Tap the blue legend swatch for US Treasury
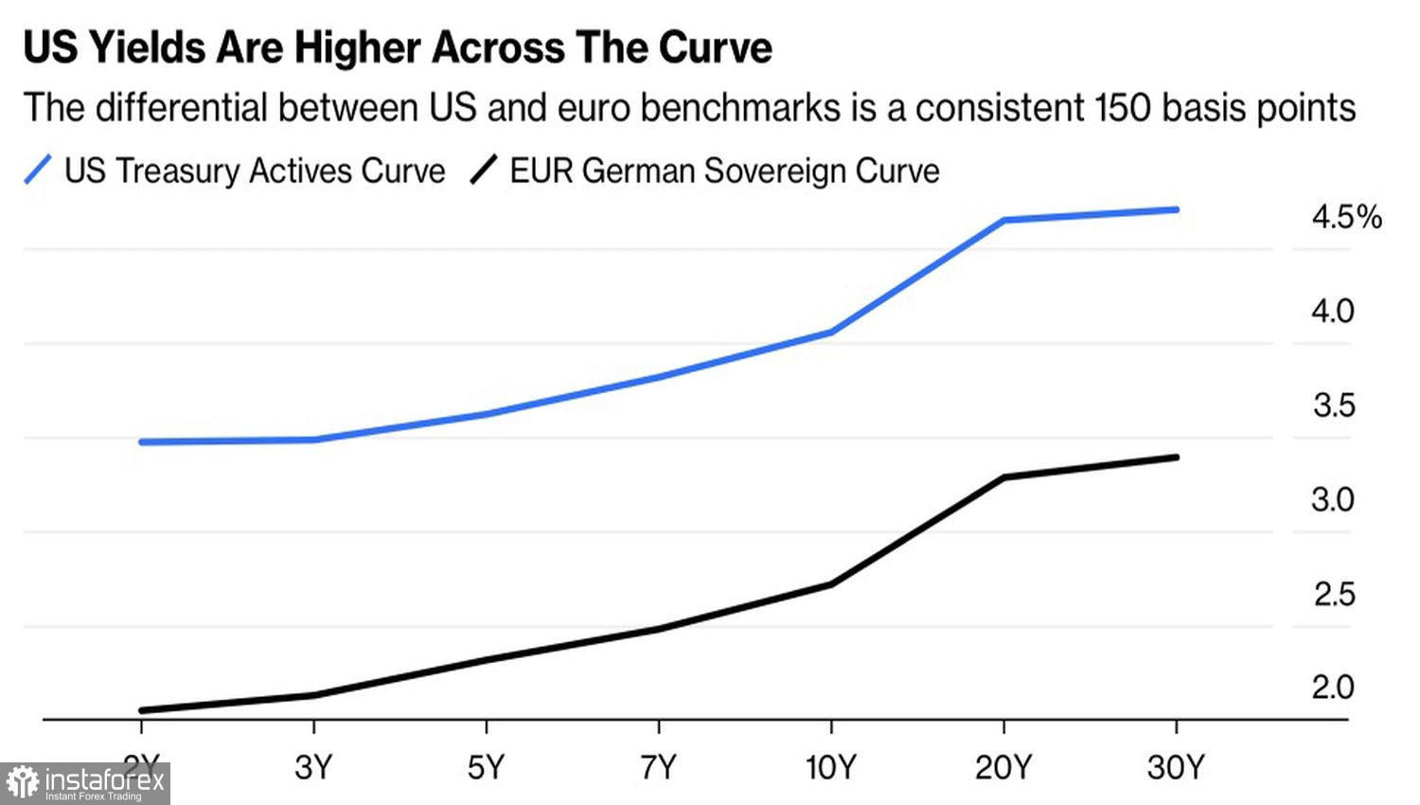[x=38, y=170]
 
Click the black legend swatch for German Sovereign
[x=484, y=170]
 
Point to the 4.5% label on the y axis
[x=1346, y=218]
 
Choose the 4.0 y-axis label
[x=1333, y=312]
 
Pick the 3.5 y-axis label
[x=1334, y=405]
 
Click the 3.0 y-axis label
[x=1333, y=500]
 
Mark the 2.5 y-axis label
[x=1334, y=594]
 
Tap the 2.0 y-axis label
[x=1333, y=688]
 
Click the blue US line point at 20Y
[x=1003, y=221]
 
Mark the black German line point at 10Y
[x=831, y=584]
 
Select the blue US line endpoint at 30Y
[x=1176, y=209]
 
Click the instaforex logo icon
[x=23, y=783]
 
